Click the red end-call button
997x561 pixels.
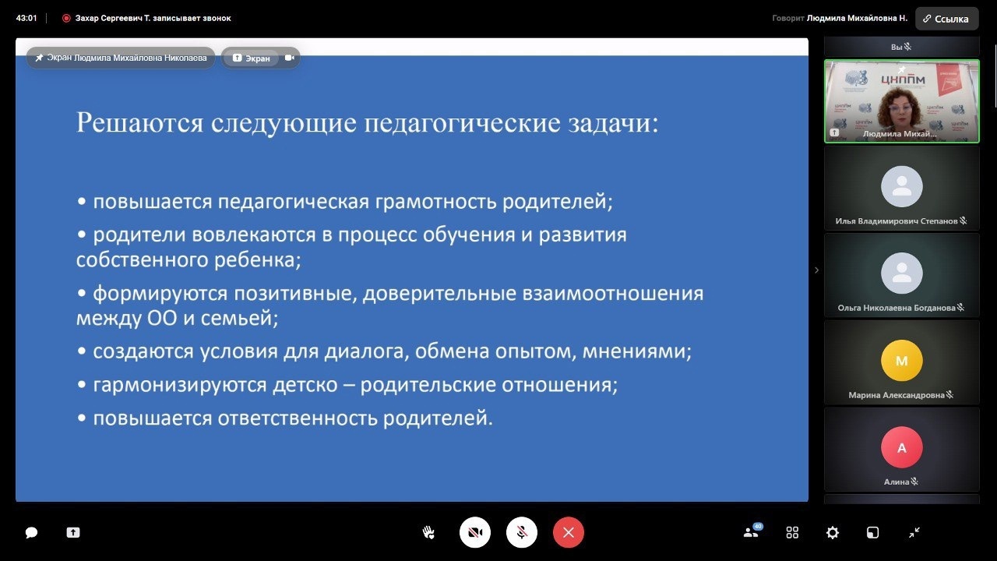click(568, 532)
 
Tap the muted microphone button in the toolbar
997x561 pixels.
click(521, 532)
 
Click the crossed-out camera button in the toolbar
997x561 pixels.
click(475, 532)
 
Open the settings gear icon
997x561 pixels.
click(833, 532)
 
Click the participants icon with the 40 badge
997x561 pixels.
click(752, 531)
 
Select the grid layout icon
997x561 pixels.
click(792, 532)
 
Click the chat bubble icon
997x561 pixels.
click(31, 532)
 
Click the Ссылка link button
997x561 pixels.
click(946, 19)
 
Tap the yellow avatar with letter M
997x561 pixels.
click(902, 360)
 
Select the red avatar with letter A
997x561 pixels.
click(902, 447)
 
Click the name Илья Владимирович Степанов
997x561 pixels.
click(897, 221)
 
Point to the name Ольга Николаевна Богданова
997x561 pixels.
click(897, 308)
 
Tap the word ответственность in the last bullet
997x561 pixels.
click(298, 418)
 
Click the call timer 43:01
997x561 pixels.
click(26, 18)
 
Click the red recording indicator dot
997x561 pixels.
click(66, 18)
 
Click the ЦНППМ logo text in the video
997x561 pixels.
click(903, 79)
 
